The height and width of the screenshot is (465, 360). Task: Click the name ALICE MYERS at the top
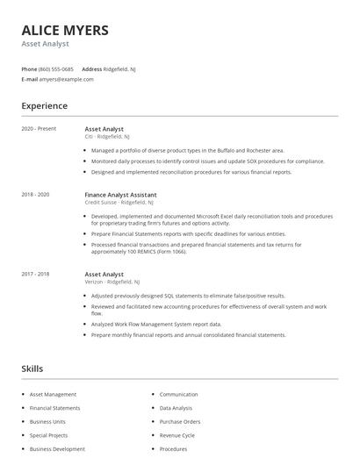[x=65, y=30]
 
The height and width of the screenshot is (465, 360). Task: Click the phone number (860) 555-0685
[x=56, y=68]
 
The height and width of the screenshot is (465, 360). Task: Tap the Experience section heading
[x=44, y=106]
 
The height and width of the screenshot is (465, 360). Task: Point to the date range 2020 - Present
[x=39, y=129]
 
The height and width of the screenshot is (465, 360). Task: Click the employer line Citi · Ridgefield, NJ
[x=107, y=137]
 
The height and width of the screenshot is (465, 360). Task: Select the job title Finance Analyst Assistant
[x=121, y=194]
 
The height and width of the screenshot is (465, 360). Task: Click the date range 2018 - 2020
[x=35, y=194]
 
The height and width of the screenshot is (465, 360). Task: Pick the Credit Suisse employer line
[x=119, y=202]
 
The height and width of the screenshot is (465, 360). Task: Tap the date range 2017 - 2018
[x=35, y=274]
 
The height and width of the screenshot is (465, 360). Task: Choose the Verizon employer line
[x=112, y=282]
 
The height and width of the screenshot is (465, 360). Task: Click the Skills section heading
[x=32, y=368]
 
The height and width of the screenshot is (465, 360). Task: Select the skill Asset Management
[x=53, y=395]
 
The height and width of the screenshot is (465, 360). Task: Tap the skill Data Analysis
[x=176, y=408]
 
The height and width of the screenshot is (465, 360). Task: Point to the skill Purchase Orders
[x=180, y=422]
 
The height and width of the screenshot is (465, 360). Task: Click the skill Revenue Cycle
[x=177, y=435]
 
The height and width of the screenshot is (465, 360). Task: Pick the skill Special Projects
[x=48, y=435]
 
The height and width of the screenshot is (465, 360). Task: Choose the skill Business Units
[x=47, y=422]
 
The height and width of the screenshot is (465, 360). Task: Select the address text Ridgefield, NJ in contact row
[x=120, y=68]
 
